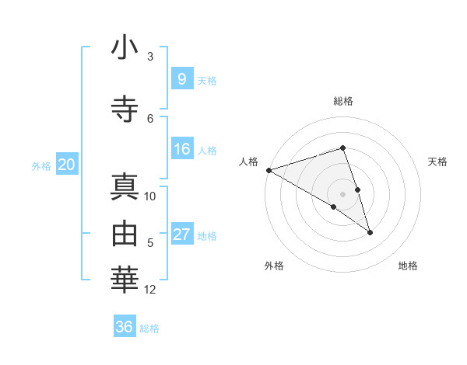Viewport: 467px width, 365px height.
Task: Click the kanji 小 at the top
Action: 125,48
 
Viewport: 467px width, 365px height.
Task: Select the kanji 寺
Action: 125,108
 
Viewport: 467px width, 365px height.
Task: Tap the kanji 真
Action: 125,189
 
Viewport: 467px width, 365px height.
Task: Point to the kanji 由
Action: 125,232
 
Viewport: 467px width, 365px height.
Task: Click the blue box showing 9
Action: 181,78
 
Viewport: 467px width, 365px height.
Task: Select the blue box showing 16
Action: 181,149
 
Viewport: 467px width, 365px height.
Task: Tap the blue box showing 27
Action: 181,235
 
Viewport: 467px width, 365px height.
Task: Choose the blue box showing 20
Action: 67,164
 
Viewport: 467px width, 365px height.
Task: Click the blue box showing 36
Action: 125,327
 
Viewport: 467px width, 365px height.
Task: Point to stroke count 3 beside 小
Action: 150,57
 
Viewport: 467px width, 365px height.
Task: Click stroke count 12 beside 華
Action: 150,290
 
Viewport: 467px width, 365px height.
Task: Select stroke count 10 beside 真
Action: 150,196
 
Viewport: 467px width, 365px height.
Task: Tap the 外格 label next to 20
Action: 40,165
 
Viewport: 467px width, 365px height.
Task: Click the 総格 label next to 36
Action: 149,328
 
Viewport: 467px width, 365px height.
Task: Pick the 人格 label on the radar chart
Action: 248,162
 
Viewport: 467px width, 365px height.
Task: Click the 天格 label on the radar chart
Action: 438,162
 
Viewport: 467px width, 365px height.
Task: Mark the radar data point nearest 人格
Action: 269,170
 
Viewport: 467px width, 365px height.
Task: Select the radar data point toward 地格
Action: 370,232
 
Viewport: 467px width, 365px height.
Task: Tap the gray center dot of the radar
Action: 342,193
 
